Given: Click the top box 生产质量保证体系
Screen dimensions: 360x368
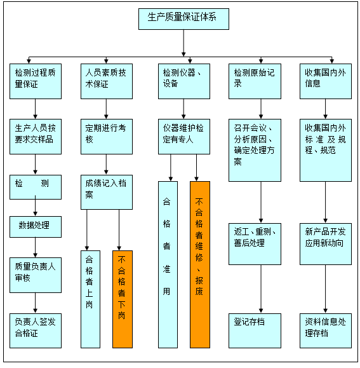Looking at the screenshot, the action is pos(183,19).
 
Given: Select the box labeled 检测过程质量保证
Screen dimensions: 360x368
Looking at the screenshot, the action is pos(36,81).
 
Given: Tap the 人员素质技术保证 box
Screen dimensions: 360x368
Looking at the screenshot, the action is pos(107,81).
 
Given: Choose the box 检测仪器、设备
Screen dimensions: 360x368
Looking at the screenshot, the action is pos(184,81).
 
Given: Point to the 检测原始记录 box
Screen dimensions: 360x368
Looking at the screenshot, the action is pos(255,81).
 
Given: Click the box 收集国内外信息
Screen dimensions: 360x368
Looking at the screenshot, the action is pos(326,81).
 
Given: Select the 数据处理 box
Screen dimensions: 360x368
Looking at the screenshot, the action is pos(36,227).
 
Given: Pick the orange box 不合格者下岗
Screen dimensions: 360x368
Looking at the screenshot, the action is pos(123,299).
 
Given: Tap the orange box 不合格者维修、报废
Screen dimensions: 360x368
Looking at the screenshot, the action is pos(200,264).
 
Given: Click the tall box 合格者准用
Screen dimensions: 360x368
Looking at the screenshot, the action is pos(168,264).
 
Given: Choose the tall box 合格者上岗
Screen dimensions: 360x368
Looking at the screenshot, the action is pos(90,299).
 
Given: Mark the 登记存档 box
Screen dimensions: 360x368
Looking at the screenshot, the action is pos(255,331).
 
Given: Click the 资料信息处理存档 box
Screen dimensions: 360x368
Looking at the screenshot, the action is pos(326,331).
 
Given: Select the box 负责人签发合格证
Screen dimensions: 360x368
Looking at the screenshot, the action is pos(36,331).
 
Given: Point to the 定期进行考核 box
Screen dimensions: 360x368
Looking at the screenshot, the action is pos(107,137).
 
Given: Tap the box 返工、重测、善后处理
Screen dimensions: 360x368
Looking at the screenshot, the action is pos(255,244).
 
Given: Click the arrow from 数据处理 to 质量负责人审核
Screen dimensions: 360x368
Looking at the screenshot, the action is pos(36,247).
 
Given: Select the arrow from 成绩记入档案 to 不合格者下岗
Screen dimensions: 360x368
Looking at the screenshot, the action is pos(119,230).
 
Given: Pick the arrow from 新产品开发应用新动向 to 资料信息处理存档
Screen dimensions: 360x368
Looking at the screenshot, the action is pos(325,289).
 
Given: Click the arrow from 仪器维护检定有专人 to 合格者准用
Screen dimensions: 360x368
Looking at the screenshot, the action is pos(171,168).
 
